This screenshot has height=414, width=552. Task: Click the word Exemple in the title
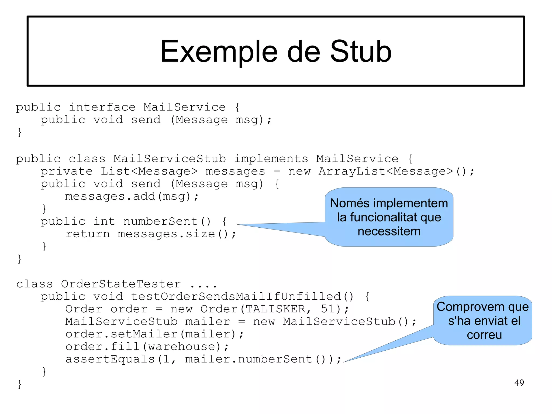tap(219, 52)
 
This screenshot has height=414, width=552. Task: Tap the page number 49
tap(519, 383)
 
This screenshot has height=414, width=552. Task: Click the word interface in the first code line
tap(102, 107)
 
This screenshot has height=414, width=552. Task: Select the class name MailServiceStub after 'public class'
tap(170, 159)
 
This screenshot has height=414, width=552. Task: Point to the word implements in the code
tap(271, 159)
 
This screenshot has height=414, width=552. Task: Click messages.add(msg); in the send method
tap(132, 197)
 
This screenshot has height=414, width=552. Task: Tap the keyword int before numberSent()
tap(104, 221)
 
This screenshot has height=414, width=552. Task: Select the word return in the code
tap(88, 234)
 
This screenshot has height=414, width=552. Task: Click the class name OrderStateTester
tap(121, 284)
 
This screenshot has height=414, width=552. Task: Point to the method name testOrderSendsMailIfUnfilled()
tap(242, 297)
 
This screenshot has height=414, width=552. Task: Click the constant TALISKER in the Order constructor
tap(275, 309)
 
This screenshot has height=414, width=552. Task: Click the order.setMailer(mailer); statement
tap(154, 334)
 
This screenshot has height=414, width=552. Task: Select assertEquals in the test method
tap(110, 359)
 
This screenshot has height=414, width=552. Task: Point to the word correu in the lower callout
tap(484, 335)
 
